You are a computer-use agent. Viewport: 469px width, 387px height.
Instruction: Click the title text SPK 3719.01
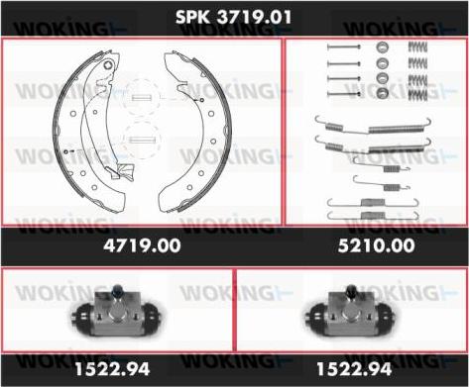click(x=234, y=17)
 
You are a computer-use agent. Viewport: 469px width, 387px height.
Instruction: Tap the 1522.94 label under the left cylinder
click(x=116, y=369)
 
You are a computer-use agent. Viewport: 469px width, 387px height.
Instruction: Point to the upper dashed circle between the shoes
click(x=144, y=97)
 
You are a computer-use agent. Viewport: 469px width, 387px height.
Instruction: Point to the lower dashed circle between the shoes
click(x=144, y=139)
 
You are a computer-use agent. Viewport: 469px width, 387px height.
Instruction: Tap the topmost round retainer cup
click(x=381, y=48)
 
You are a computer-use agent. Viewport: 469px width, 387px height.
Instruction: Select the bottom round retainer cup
click(x=381, y=94)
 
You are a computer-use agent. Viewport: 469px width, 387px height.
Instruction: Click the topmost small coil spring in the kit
click(x=419, y=48)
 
